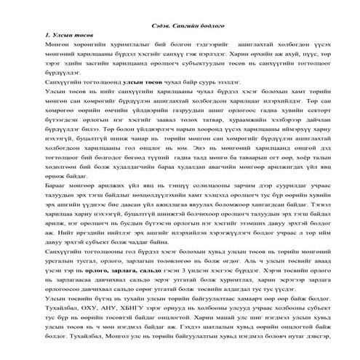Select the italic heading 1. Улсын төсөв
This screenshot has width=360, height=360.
[67, 34]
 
